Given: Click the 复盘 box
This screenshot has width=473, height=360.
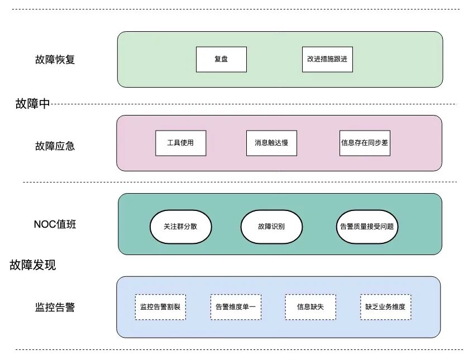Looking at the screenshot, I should [221, 60].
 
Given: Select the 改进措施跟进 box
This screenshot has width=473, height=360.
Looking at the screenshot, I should [327, 60].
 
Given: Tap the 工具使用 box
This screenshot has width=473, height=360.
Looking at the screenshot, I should [180, 143].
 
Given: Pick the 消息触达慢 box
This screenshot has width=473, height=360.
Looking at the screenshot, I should [271, 143].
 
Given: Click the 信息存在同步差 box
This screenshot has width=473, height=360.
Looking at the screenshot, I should [365, 143].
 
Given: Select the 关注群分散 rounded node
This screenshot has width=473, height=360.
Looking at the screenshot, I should [180, 227].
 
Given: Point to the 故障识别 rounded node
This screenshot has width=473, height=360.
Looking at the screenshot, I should [271, 227].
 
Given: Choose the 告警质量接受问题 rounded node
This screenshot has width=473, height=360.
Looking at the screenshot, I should [368, 227].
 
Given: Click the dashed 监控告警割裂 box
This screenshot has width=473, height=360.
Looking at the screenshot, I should [160, 307].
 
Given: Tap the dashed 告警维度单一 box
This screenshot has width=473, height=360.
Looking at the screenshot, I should [235, 307].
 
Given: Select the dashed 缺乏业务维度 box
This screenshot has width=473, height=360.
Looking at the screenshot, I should [385, 307].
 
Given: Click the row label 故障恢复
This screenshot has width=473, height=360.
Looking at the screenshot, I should [55, 60].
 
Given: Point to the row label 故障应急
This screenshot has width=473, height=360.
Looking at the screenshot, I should [55, 146].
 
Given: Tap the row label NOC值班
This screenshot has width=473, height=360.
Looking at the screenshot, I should [55, 225].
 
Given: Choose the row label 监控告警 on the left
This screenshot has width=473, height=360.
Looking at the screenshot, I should [55, 307].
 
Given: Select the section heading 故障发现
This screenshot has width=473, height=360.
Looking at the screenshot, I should [32, 265].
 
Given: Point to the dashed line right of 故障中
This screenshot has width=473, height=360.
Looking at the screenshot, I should [251, 104].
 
